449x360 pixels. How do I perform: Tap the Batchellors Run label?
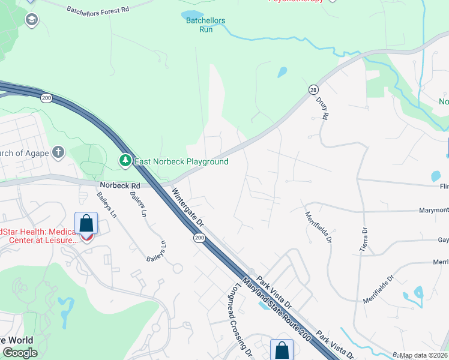pyautogui.click(x=205, y=25)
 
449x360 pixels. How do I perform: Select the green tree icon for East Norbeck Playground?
pyautogui.click(x=125, y=161)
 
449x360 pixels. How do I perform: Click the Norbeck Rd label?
pyautogui.click(x=119, y=186)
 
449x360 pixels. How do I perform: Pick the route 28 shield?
pyautogui.click(x=313, y=89)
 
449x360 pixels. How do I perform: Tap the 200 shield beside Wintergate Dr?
pyautogui.click(x=198, y=238)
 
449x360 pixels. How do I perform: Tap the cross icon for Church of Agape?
pyautogui.click(x=58, y=152)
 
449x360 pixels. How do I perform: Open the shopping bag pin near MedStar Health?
pyautogui.click(x=86, y=224)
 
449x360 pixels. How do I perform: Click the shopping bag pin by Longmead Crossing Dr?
pyautogui.click(x=282, y=350)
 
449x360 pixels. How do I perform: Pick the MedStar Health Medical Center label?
pyautogui.click(x=39, y=236)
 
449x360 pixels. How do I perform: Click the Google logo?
pyautogui.click(x=20, y=353)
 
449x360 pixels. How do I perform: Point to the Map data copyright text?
pyautogui.click(x=424, y=355)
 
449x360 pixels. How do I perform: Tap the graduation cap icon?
pyautogui.click(x=31, y=20)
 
